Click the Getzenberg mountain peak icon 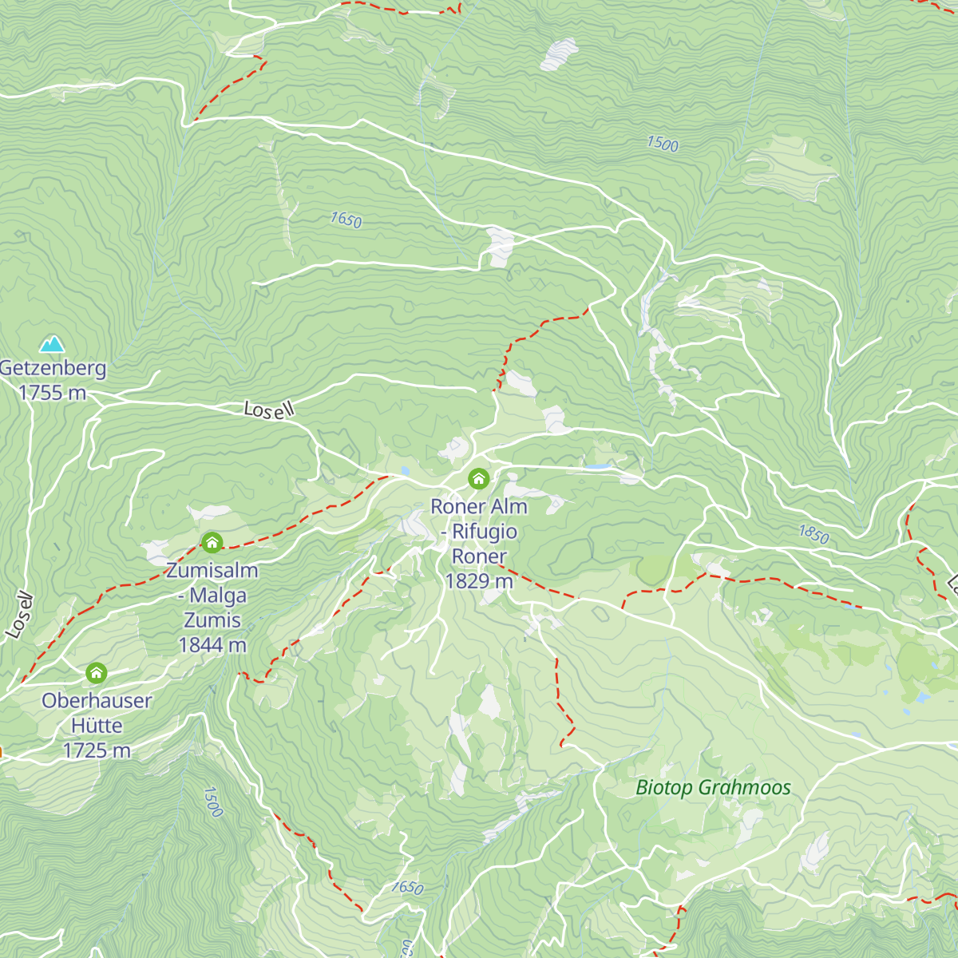[53, 344]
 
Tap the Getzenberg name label [53, 368]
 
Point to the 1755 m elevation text [53, 393]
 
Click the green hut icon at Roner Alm [478, 479]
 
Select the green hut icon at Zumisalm [212, 543]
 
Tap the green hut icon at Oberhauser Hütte [97, 673]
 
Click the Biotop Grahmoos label [713, 788]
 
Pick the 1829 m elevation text [479, 581]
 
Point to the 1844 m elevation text [212, 645]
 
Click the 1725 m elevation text [97, 750]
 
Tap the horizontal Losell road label [269, 410]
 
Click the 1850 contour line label [814, 534]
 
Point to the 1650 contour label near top [346, 220]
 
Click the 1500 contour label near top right [663, 144]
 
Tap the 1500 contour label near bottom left [212, 802]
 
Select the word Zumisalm [212, 571]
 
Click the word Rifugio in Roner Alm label [485, 532]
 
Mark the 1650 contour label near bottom [407, 887]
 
